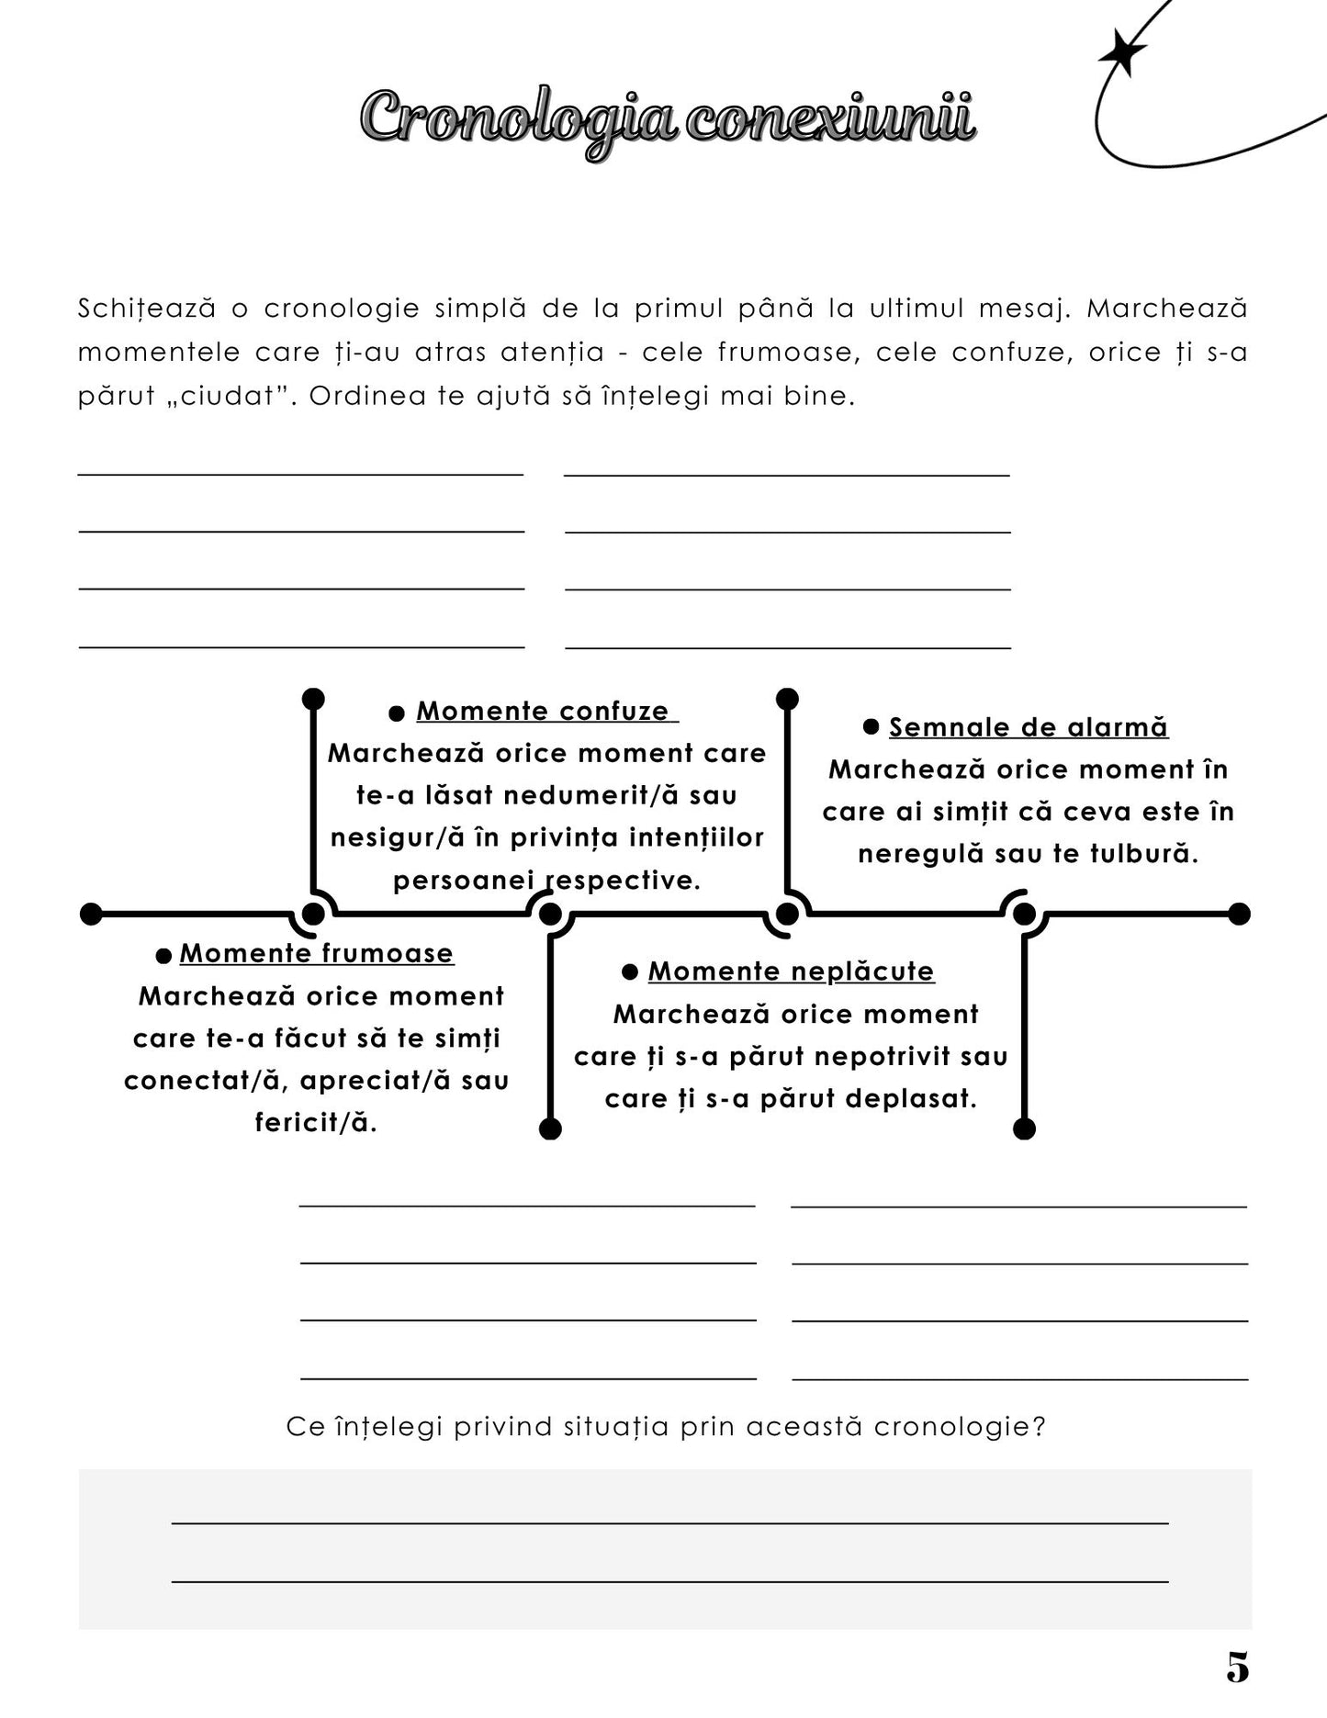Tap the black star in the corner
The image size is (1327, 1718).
(x=1121, y=52)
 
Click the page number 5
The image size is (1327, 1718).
(x=1237, y=1667)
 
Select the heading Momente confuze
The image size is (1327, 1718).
(x=546, y=711)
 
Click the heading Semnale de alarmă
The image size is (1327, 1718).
(x=1029, y=727)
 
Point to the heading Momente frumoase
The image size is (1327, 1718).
(x=317, y=953)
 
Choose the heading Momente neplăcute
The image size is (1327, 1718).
(x=791, y=971)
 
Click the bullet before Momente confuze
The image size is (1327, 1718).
(x=397, y=713)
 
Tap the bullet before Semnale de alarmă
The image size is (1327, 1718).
(x=871, y=727)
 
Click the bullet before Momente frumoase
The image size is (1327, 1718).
(x=163, y=956)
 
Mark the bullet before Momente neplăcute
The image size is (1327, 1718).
(x=630, y=971)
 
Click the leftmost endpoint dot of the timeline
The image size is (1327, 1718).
(x=91, y=914)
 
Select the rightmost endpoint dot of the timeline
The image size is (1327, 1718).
(x=1239, y=914)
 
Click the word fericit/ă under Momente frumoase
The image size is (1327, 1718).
(x=316, y=1122)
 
